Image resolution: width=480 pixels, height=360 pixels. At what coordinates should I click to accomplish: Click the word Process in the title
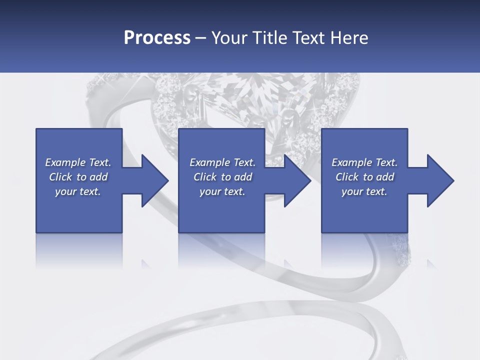(157, 38)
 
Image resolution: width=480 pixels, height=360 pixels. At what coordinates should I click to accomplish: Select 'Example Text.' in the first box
(78, 162)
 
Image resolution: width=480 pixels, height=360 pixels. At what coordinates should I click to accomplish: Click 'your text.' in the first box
(78, 191)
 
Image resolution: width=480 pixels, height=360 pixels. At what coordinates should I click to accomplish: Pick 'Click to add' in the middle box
(222, 177)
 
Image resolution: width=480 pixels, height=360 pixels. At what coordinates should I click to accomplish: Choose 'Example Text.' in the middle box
(222, 162)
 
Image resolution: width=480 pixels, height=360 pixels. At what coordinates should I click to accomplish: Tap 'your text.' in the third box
(364, 191)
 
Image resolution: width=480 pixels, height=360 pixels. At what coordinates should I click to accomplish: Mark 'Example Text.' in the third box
(364, 162)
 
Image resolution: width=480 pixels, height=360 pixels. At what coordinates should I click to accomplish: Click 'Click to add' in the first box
(78, 177)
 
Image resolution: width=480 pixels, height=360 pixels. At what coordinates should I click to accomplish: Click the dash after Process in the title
(201, 38)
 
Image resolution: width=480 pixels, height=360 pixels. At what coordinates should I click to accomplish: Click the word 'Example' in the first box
(64, 162)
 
